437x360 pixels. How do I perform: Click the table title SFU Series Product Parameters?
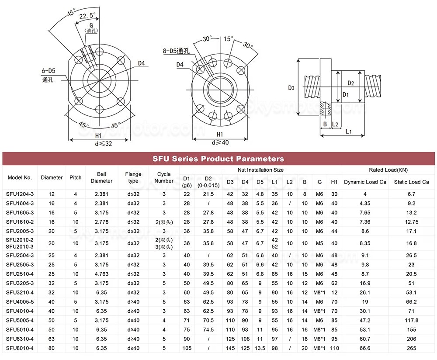[x=218, y=159]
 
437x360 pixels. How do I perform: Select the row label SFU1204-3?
[x=20, y=194]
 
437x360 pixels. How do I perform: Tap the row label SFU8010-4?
[x=20, y=348]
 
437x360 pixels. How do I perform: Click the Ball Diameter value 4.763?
[x=101, y=274]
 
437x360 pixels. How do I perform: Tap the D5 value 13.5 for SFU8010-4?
[x=260, y=348]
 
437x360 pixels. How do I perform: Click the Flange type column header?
[x=133, y=177]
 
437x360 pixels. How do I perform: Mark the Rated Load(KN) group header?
[x=388, y=170]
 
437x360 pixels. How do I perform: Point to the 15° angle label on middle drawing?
[x=228, y=39]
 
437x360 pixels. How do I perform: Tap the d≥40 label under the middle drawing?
[x=220, y=142]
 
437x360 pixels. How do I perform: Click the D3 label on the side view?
[x=291, y=88]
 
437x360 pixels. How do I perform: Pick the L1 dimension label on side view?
[x=348, y=132]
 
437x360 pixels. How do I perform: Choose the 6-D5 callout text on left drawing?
[x=48, y=70]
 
